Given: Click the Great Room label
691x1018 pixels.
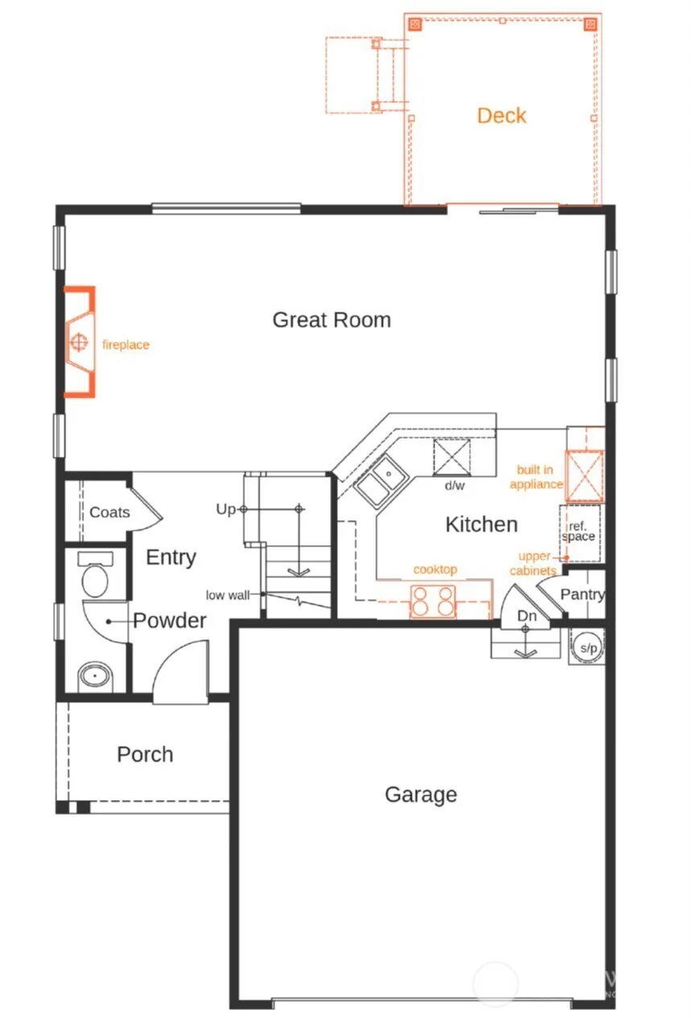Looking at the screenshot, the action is [x=331, y=320].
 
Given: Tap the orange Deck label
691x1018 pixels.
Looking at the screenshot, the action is [x=501, y=116].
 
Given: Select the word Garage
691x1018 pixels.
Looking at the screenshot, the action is [x=421, y=794].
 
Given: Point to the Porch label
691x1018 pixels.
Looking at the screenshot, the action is [x=145, y=754].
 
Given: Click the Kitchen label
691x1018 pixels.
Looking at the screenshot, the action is [x=481, y=524].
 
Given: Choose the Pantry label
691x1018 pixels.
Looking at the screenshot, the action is [x=582, y=594].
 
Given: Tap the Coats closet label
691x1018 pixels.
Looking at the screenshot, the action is [x=109, y=512].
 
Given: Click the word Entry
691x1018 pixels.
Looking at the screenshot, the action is [x=171, y=557].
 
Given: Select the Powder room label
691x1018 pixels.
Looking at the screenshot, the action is [x=170, y=620].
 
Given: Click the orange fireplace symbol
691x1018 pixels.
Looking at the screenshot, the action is [x=80, y=342].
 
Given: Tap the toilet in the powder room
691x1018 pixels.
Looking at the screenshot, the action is [x=95, y=575].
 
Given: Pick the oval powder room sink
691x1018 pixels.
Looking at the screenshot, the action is [x=95, y=675].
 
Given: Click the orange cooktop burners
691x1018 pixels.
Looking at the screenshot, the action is [x=433, y=601].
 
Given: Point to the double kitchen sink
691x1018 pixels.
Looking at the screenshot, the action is [x=381, y=481].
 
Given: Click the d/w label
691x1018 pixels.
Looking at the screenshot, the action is [x=454, y=486].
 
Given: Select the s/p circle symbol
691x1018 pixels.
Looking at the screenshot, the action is [x=588, y=647].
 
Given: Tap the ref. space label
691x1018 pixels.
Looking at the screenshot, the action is [x=578, y=532].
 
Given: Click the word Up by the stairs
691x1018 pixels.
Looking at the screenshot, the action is [x=225, y=510].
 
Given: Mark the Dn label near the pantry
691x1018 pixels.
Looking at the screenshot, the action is [x=526, y=616].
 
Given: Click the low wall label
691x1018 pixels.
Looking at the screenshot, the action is [x=228, y=595].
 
